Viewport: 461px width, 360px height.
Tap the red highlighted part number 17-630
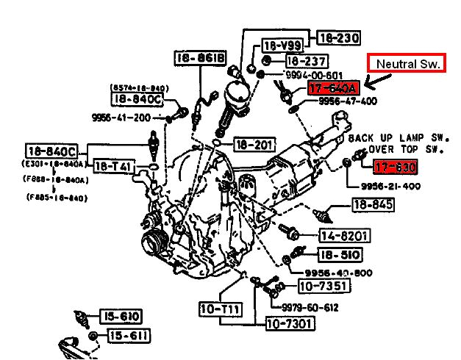(x=396, y=168)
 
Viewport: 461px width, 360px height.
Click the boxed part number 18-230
(x=337, y=37)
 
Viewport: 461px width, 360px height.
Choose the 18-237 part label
(x=306, y=61)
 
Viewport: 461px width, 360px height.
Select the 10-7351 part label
(x=321, y=286)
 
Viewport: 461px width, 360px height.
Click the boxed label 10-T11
(x=220, y=309)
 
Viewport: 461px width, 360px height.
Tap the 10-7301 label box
(x=290, y=323)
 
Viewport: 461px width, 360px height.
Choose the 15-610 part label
(x=121, y=317)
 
